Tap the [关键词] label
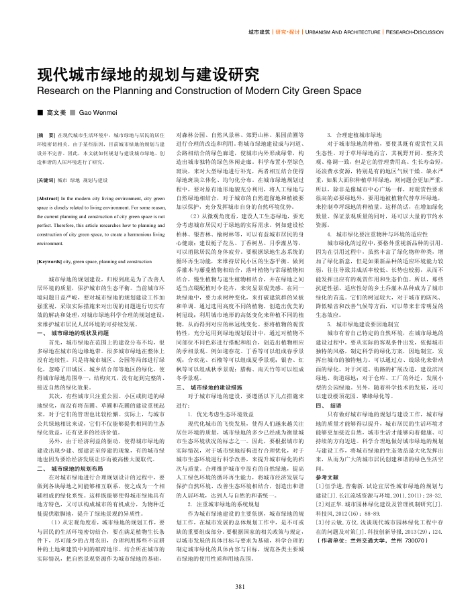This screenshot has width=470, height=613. click(x=49, y=181)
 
